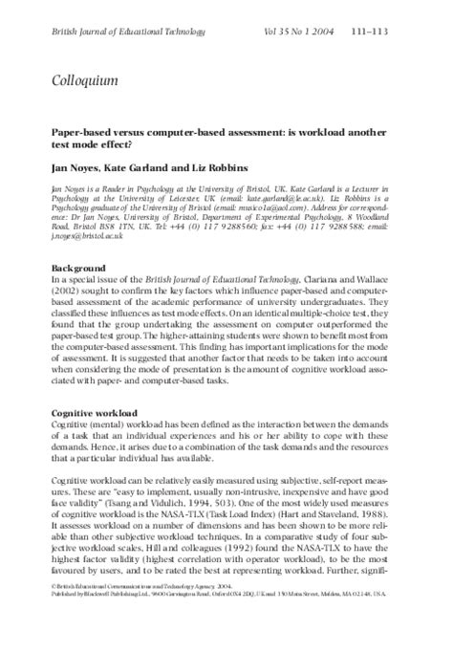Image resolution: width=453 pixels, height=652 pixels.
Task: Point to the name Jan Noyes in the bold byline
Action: pos(74,167)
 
